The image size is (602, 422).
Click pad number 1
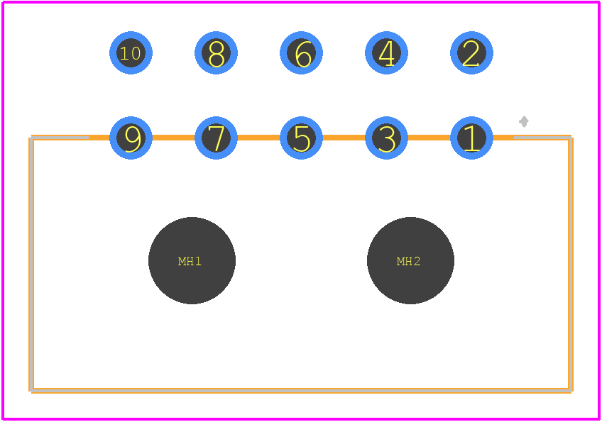coord(471,138)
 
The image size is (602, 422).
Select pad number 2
coord(471,52)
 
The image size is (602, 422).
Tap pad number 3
coord(386,138)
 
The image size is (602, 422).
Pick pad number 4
coord(386,52)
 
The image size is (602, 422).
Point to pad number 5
coord(302,138)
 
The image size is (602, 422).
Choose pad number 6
coord(302,52)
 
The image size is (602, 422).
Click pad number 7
coord(216,138)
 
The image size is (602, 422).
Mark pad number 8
coord(216,52)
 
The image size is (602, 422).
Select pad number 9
coord(131,138)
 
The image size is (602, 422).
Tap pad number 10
coord(131,52)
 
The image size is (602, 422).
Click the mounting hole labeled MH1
coord(192,260)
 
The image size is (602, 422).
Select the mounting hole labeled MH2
coord(410,260)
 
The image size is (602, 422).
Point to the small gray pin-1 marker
coord(524,121)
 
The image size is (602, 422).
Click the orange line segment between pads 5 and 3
coord(344,138)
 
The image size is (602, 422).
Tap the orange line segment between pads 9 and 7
coord(173,138)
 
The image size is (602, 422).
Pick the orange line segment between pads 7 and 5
coord(259,138)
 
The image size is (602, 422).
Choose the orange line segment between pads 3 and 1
coord(429,138)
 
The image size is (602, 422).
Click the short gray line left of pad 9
coord(60,138)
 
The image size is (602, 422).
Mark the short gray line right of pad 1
coord(542,138)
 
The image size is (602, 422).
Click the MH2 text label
coord(408,261)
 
